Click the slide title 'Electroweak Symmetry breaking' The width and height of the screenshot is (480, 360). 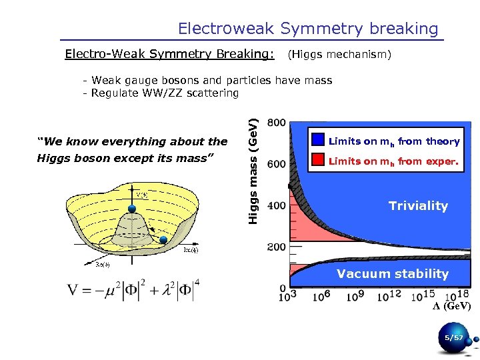click(x=308, y=29)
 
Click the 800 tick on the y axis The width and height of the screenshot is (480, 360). click(x=277, y=123)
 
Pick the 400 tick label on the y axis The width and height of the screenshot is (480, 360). click(x=277, y=206)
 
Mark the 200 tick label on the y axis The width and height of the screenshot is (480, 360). click(x=277, y=247)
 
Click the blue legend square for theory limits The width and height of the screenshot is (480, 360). click(x=318, y=141)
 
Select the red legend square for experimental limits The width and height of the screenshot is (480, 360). click(x=318, y=161)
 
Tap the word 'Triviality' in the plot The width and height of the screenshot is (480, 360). click(x=418, y=206)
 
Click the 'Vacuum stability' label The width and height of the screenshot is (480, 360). click(x=392, y=273)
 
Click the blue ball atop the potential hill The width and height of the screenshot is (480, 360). click(x=131, y=209)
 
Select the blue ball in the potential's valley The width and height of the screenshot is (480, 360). click(x=164, y=239)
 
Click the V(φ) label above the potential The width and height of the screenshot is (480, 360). click(x=142, y=195)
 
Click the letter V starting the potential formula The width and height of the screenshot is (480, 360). click(x=73, y=292)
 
